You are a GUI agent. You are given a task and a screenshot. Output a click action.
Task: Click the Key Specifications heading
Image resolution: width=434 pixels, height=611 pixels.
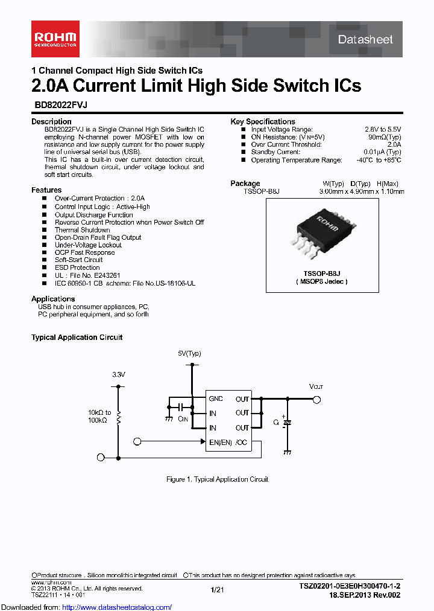click(263, 121)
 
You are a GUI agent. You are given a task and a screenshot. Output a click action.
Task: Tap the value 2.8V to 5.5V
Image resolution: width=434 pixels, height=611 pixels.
click(383, 129)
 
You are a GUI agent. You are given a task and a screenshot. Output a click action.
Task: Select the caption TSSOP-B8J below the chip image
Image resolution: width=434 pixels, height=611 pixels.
click(322, 273)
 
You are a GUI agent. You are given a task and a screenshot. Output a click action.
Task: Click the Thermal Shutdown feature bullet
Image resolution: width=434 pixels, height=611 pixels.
click(82, 230)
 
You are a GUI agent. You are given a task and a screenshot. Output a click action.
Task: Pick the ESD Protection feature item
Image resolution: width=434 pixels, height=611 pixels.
click(77, 267)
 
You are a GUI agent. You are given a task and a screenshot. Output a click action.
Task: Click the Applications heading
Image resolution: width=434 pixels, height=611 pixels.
click(53, 299)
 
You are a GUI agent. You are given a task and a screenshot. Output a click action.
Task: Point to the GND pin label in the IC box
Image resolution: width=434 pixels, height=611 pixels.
click(216, 399)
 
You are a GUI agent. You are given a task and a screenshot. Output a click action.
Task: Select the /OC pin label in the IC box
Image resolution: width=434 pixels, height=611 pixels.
click(242, 443)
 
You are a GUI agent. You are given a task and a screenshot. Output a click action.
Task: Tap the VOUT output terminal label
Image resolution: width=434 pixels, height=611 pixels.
click(316, 386)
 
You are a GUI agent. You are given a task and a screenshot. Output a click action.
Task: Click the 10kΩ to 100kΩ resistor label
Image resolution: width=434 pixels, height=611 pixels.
click(99, 416)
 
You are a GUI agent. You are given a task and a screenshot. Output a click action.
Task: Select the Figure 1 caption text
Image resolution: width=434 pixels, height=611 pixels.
click(217, 479)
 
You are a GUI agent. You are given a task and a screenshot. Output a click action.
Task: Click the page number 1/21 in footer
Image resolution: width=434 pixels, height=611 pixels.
click(217, 589)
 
